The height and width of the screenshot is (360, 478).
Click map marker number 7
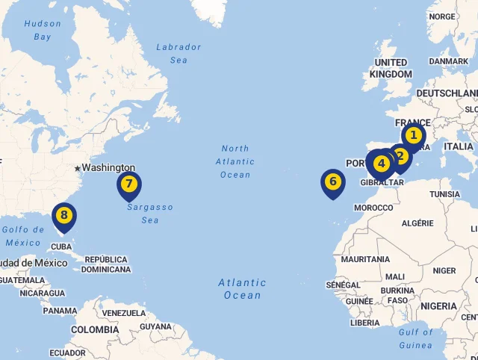(129, 184)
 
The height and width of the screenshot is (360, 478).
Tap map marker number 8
(64, 216)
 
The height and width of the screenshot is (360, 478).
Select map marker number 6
(333, 181)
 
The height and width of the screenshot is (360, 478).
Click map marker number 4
(382, 163)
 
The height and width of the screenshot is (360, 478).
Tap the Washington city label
(108, 168)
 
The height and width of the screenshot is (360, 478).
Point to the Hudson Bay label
(43, 30)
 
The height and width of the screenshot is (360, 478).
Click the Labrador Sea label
(179, 53)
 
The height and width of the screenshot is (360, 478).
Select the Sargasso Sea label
(149, 214)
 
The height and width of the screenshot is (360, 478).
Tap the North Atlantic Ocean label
(235, 161)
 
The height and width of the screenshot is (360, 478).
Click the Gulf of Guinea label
(415, 338)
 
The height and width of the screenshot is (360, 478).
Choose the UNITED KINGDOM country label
(391, 68)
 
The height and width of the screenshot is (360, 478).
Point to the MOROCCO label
(373, 208)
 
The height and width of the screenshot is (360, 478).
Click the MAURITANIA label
(365, 259)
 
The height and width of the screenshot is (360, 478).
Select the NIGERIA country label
(438, 306)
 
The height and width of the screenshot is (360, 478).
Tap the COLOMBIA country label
(95, 329)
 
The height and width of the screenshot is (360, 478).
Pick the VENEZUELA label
(124, 313)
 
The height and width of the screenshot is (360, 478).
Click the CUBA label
(61, 246)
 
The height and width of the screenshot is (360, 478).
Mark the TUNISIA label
(445, 194)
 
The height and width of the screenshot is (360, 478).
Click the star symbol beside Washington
(77, 169)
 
